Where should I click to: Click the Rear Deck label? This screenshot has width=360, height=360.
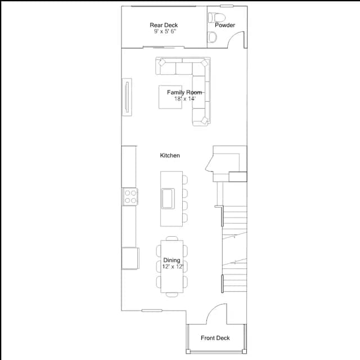point(164,25)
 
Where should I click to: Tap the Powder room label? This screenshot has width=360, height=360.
point(225,25)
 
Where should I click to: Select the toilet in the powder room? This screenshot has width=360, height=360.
point(216,17)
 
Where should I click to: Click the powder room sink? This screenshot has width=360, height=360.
point(213,37)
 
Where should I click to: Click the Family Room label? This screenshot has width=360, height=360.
point(184,92)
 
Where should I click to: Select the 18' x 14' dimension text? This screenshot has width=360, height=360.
point(184,99)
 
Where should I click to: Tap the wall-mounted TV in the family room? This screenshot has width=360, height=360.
point(127,97)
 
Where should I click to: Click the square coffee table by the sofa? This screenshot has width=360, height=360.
point(170,97)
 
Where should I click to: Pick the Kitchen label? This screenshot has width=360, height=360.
point(170,155)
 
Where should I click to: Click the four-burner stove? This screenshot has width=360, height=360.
point(130,196)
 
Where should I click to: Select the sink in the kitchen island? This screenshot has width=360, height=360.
point(168,199)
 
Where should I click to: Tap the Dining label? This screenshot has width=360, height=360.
point(172,260)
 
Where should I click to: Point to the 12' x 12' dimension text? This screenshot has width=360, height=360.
point(173,267)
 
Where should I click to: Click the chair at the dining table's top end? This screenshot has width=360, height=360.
point(172,238)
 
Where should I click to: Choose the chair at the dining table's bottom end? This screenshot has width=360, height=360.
point(172,295)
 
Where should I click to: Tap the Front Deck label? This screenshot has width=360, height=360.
point(215,338)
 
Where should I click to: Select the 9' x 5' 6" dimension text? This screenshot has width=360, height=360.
point(165,31)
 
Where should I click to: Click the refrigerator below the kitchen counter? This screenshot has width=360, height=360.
point(130,258)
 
